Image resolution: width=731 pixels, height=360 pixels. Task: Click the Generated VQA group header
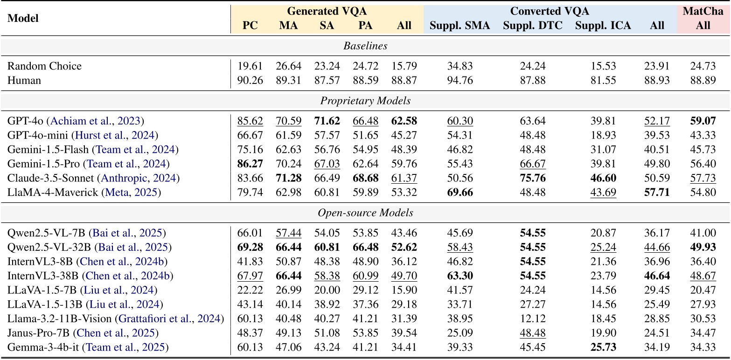[x=327, y=11]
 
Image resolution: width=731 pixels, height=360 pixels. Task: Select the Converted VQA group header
[x=549, y=11]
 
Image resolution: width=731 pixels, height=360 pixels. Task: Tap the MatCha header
[x=703, y=11]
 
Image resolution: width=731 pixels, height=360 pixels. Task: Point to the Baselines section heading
[x=365, y=46]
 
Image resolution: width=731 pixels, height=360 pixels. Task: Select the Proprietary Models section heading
[x=365, y=101]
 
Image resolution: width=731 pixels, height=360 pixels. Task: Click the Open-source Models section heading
[x=365, y=213]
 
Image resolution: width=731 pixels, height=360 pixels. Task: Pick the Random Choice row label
[x=44, y=66]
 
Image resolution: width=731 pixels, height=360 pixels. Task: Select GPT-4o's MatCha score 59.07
[x=703, y=121]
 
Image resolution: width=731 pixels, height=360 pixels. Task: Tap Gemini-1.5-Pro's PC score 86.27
[x=250, y=164]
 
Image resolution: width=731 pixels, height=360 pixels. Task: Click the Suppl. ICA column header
[x=602, y=26]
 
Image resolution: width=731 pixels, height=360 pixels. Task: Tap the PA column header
[x=365, y=26]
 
